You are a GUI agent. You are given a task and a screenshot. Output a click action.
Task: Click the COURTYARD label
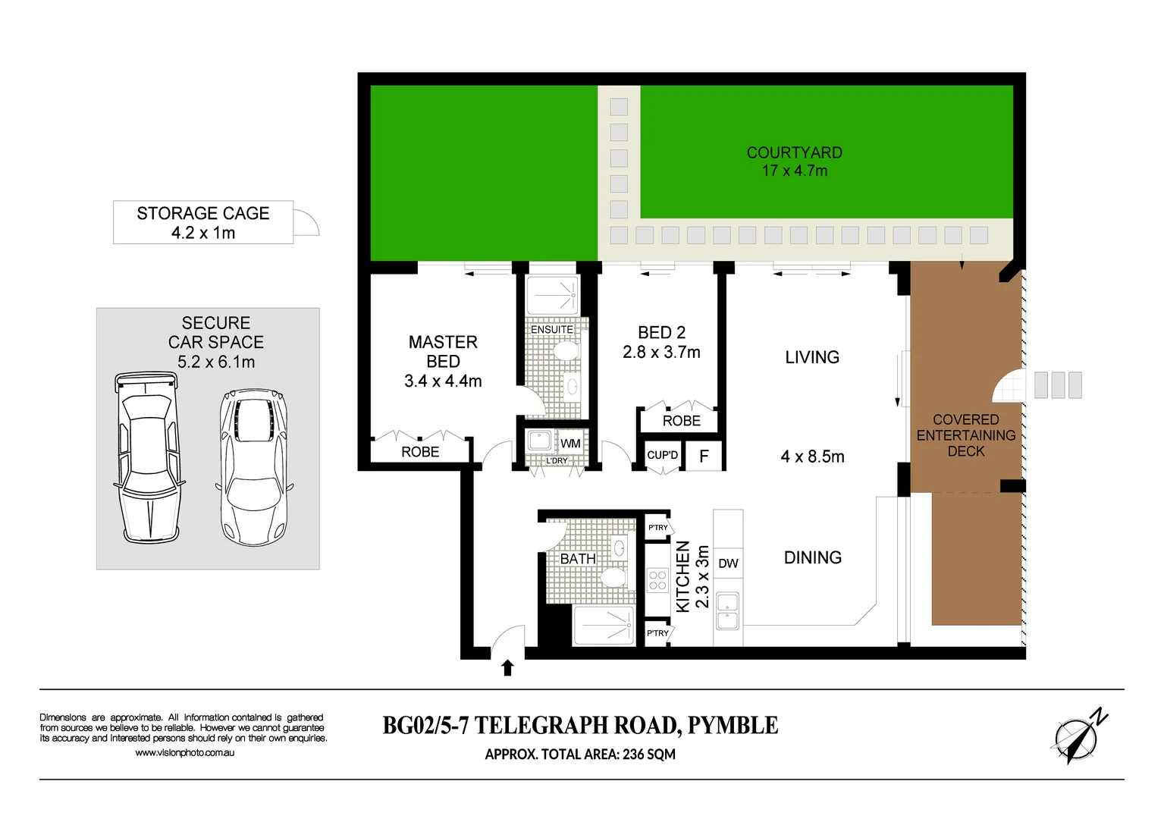click(x=794, y=153)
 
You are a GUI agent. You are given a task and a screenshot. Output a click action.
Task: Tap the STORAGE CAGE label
click(x=202, y=214)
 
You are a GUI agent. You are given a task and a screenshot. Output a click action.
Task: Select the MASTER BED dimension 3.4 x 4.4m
click(x=443, y=381)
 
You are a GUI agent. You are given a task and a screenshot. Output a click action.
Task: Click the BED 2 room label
click(x=661, y=333)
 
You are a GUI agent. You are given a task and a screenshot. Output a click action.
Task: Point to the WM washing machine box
click(x=570, y=444)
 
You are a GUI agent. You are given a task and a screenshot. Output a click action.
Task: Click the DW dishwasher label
click(x=728, y=563)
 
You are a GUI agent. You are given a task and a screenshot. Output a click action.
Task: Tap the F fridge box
click(x=704, y=456)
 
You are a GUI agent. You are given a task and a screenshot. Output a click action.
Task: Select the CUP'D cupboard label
click(x=662, y=455)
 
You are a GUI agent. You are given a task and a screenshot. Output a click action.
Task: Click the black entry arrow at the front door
click(x=508, y=667)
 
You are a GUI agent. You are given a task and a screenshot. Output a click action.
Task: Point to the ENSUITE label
click(x=551, y=330)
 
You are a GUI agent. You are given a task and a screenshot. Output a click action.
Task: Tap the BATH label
click(x=578, y=559)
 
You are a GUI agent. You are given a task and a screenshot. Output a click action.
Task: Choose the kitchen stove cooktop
click(x=657, y=581)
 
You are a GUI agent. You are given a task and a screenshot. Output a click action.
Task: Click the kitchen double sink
click(x=727, y=611)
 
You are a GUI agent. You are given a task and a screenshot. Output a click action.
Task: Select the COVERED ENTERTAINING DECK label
click(x=965, y=435)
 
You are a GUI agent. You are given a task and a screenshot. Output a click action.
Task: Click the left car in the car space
click(x=149, y=457)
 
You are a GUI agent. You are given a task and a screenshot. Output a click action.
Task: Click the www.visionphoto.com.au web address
click(x=184, y=753)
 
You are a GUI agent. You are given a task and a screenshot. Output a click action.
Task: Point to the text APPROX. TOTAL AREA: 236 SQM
click(x=580, y=755)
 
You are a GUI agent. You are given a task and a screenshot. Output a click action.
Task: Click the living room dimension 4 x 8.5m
click(x=812, y=457)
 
